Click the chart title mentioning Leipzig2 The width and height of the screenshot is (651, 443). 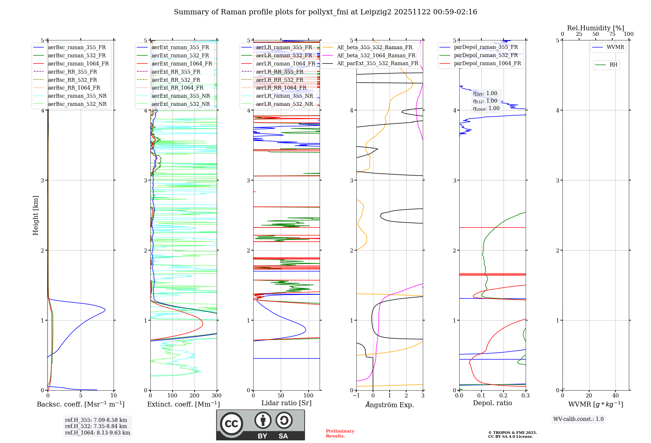(x=325, y=12)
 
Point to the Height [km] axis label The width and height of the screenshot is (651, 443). (x=35, y=215)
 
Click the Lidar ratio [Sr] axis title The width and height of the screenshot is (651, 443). (x=286, y=403)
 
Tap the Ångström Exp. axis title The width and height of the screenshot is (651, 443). (x=389, y=405)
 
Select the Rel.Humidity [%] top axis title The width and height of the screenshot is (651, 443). (x=595, y=28)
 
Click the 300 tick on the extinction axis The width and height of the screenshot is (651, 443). (x=216, y=396)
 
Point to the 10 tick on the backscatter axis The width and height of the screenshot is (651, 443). (x=114, y=396)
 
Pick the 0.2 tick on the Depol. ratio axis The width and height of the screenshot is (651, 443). (x=503, y=396)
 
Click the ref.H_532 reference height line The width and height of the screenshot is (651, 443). (x=96, y=426)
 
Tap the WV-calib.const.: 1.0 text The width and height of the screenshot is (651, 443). (x=578, y=419)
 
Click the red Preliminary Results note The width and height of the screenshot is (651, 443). (x=340, y=433)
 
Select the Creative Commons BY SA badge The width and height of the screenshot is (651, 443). (x=260, y=425)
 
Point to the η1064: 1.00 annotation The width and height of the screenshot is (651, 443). (x=486, y=108)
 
